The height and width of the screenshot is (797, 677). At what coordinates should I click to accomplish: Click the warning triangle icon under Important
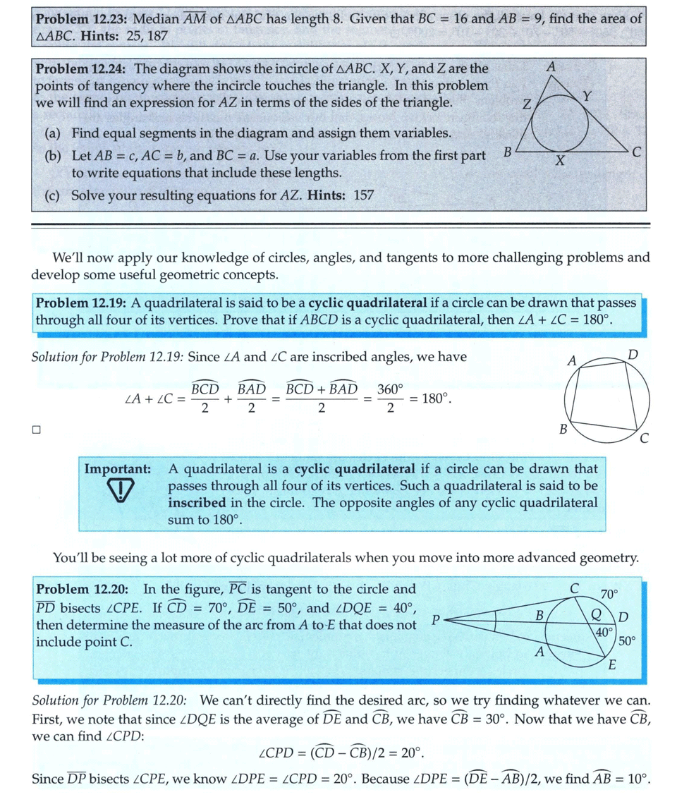click(x=124, y=491)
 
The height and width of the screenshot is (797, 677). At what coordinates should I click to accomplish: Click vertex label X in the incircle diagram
click(x=559, y=162)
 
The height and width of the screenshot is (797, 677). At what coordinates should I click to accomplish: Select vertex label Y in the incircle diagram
click(x=587, y=95)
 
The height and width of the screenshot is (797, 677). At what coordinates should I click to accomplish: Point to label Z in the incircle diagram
click(x=525, y=107)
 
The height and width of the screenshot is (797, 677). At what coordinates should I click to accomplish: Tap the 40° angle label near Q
click(x=604, y=632)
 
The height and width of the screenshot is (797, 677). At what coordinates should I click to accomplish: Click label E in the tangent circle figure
click(x=611, y=664)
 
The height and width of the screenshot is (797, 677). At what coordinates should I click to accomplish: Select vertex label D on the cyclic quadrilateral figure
click(x=633, y=353)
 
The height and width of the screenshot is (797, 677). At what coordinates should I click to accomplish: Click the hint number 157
click(x=363, y=195)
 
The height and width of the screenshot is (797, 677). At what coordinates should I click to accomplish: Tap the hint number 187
click(x=156, y=35)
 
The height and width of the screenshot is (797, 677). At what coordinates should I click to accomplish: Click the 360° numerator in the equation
click(x=390, y=389)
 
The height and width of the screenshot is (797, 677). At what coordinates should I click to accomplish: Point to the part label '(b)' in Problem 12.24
click(x=54, y=155)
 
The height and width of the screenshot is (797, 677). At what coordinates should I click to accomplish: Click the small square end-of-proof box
click(x=36, y=429)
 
